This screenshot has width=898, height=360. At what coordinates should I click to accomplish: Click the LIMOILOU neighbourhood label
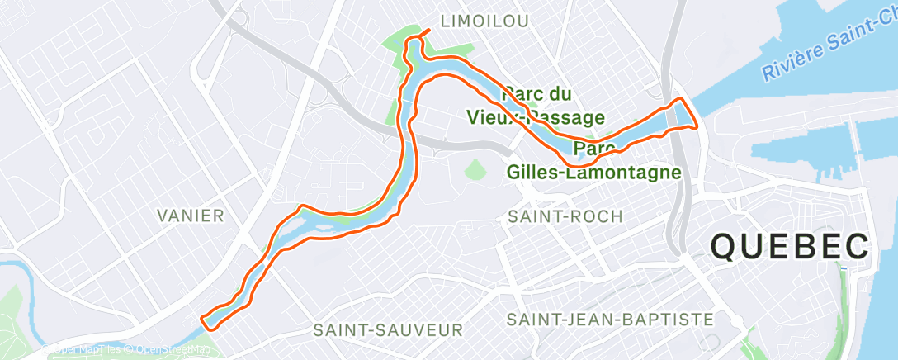pos(484,21)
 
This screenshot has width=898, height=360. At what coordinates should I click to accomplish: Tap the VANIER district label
pos(190,216)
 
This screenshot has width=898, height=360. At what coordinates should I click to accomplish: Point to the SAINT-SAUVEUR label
pos(388,330)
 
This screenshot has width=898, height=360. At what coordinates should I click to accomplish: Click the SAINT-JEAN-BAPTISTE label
pos(610,319)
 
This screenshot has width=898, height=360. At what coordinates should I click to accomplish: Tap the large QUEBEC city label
pos(790,247)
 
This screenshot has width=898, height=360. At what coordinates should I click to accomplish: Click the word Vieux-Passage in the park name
pos(536,118)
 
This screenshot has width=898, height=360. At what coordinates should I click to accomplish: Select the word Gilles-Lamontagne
pos(594,173)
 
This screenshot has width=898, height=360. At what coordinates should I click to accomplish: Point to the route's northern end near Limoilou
pos(428,32)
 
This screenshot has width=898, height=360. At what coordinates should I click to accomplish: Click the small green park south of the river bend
pos(474,169)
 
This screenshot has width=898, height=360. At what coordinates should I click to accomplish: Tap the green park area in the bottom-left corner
pos(12,314)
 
